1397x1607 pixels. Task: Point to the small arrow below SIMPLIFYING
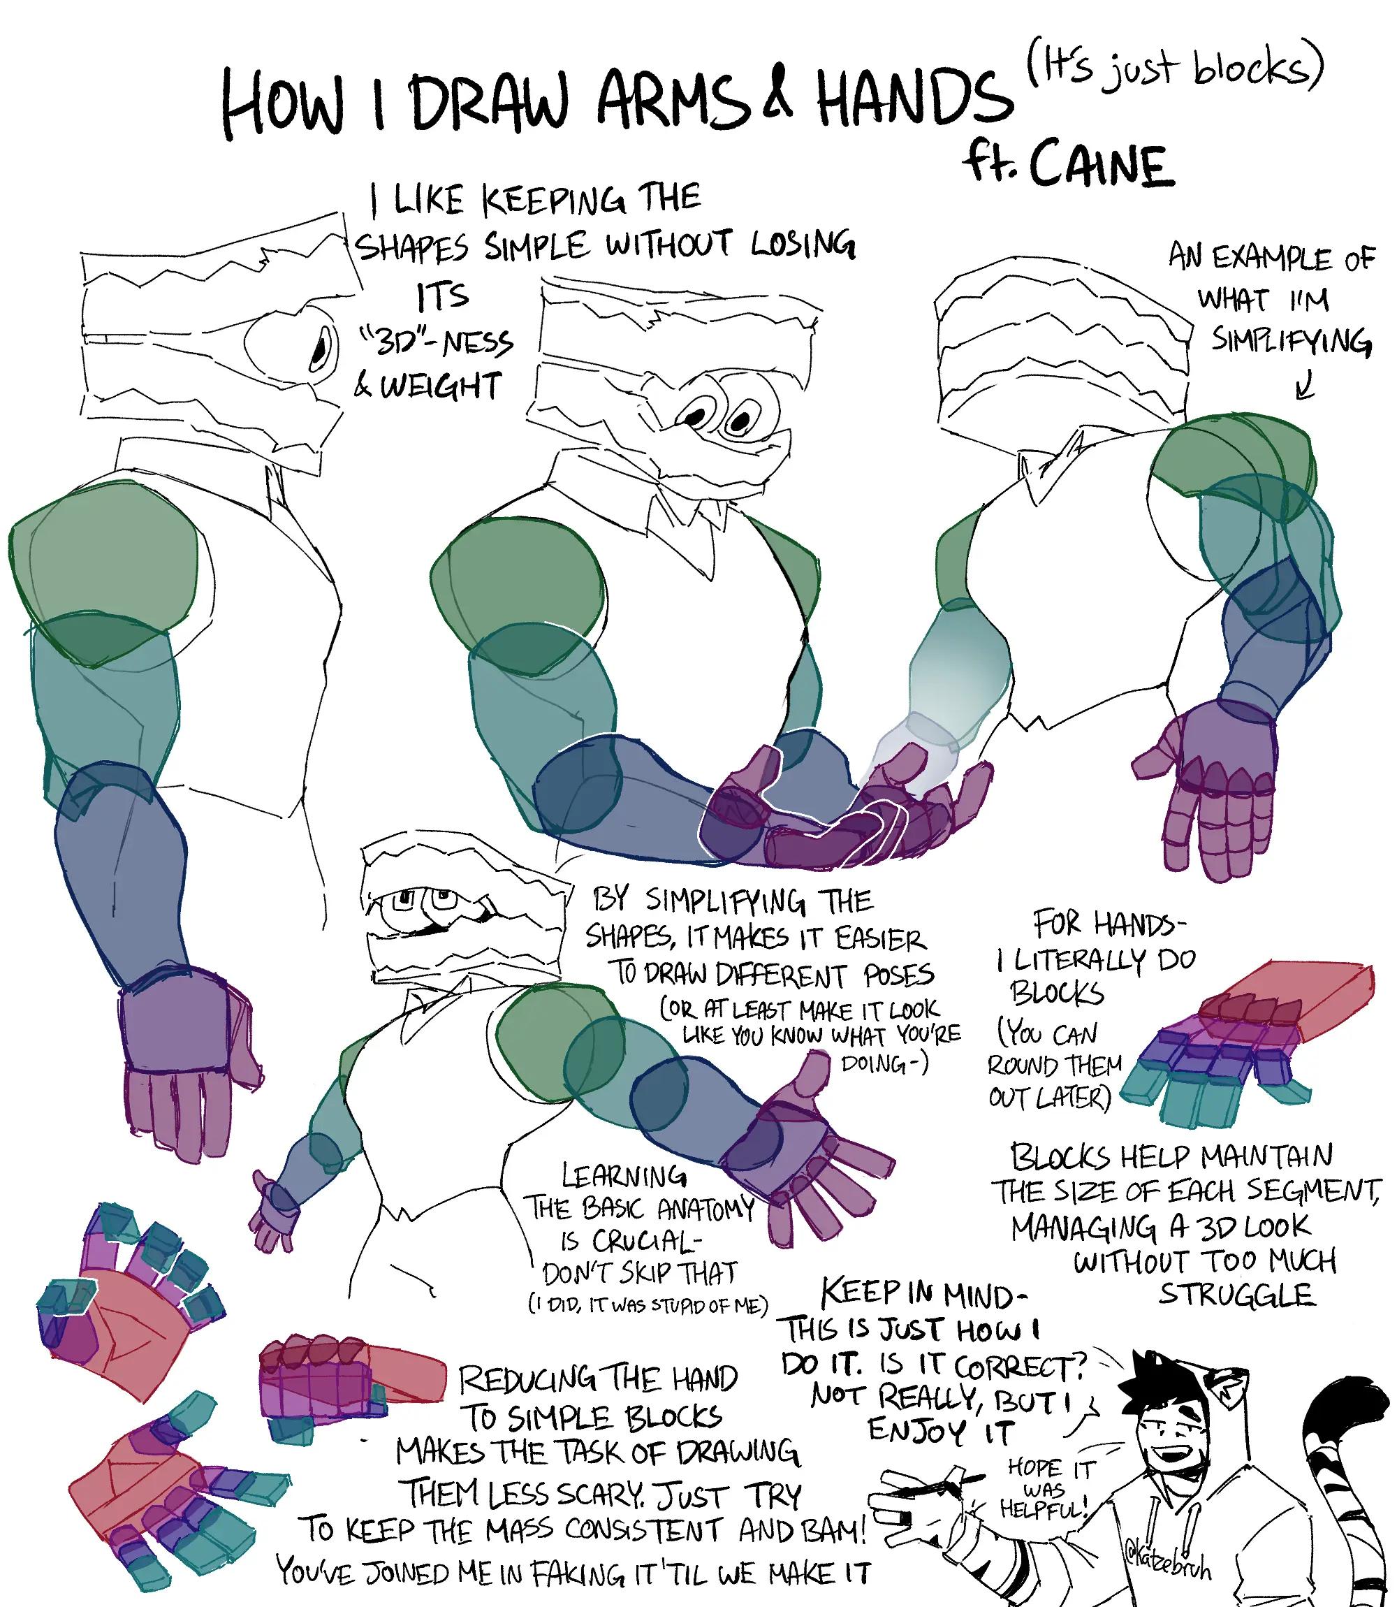[x=1304, y=385]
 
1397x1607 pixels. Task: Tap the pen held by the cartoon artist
[x=948, y=1473]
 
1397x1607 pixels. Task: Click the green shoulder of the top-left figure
[x=109, y=569]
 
